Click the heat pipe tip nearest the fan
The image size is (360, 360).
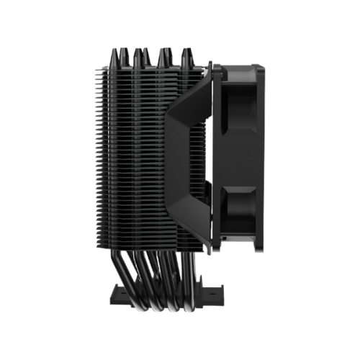coord(186,51)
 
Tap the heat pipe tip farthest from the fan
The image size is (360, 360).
coord(116,51)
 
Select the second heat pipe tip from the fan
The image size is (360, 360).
coord(163,51)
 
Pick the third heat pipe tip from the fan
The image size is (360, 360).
coord(139,51)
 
